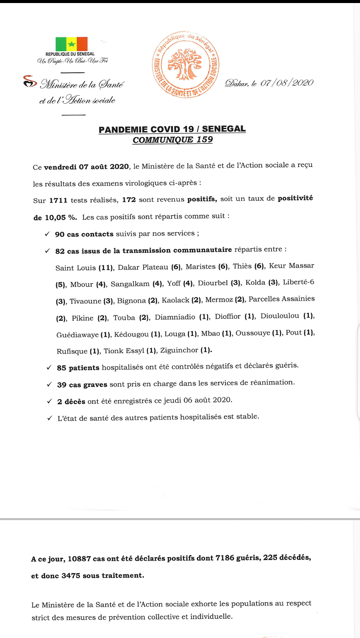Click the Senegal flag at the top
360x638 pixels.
[x=71, y=44]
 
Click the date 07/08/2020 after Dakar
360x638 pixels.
[x=287, y=83]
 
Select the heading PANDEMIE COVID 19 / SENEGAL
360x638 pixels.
[x=172, y=130]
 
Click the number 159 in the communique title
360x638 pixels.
[x=204, y=140]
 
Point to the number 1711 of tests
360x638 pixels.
[x=59, y=200]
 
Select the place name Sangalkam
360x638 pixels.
[x=130, y=283]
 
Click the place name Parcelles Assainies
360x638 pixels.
[x=282, y=300]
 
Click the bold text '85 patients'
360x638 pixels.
[x=78, y=368]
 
